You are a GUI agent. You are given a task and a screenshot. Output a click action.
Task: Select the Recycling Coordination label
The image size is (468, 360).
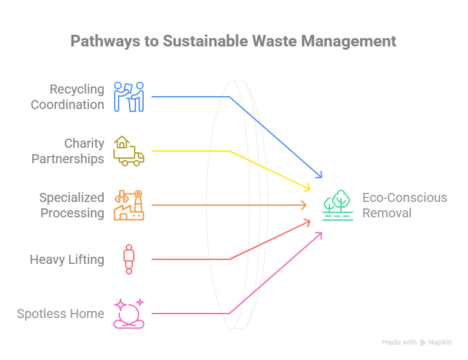click(x=68, y=96)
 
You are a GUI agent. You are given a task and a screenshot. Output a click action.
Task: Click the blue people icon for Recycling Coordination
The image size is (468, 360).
click(x=129, y=96)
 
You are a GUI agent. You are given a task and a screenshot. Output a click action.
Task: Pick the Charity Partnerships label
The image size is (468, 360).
click(x=68, y=150)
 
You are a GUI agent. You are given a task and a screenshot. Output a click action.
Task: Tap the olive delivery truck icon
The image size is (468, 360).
click(x=128, y=151)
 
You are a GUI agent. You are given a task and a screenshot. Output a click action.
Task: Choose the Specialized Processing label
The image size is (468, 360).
click(x=71, y=205)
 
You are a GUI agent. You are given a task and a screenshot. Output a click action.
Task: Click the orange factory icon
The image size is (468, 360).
click(x=128, y=205)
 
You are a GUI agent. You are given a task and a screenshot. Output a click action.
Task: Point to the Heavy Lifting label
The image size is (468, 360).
click(x=66, y=259)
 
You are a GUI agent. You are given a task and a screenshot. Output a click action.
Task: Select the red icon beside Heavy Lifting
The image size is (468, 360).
click(x=129, y=259)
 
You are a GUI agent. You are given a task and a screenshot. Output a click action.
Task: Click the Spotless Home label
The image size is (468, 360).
click(x=61, y=314)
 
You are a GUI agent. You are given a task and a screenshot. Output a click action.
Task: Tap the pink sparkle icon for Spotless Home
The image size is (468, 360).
click(x=128, y=314)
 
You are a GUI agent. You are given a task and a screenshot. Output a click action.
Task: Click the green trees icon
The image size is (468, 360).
click(x=338, y=205)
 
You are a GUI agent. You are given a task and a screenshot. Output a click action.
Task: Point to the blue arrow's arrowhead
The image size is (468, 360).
click(x=318, y=175)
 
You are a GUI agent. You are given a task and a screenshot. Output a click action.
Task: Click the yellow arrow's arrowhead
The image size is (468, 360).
click(x=308, y=188)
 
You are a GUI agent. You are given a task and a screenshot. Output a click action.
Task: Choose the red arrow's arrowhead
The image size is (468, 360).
click(x=307, y=223)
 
